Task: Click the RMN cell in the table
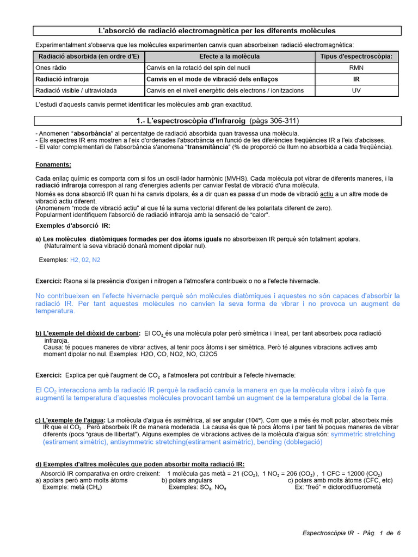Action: [356, 68]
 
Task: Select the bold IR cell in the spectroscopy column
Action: [356, 79]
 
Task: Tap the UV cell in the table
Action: [356, 90]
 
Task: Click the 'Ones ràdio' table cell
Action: [50, 68]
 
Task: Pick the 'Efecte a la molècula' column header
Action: [229, 57]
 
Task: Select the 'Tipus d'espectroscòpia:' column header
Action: [356, 57]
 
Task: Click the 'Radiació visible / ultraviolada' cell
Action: [76, 90]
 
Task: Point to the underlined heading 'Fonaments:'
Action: [53, 165]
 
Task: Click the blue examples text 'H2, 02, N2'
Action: [85, 260]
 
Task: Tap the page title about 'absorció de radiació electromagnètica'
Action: [216, 31]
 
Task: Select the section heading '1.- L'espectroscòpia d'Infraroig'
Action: [216, 120]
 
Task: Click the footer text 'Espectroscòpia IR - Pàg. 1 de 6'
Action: [352, 533]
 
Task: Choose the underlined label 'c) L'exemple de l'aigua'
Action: [70, 420]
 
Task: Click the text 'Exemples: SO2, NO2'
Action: [197, 487]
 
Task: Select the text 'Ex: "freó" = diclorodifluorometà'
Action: [338, 487]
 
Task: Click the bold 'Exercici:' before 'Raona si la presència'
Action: [48, 281]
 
